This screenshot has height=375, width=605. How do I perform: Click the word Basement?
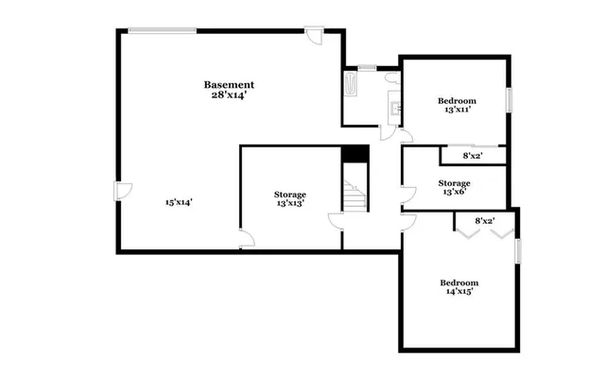click(x=229, y=85)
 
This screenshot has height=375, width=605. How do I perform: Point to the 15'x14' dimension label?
click(x=179, y=201)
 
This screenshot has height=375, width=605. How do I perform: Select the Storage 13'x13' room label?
click(x=290, y=198)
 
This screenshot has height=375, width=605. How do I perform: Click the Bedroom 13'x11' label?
click(x=457, y=105)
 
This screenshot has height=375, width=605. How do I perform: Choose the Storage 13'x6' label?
click(x=454, y=187)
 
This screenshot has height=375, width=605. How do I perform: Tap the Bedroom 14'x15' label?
click(x=459, y=287)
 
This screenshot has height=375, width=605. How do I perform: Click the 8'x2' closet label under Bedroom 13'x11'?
click(x=474, y=156)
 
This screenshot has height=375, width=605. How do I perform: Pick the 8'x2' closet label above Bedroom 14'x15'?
click(x=484, y=221)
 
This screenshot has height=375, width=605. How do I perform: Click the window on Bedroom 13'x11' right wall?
click(x=509, y=99)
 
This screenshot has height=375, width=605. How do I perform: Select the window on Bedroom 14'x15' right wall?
click(x=517, y=252)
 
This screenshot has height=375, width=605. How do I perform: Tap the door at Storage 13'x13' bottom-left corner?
click(x=245, y=240)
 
